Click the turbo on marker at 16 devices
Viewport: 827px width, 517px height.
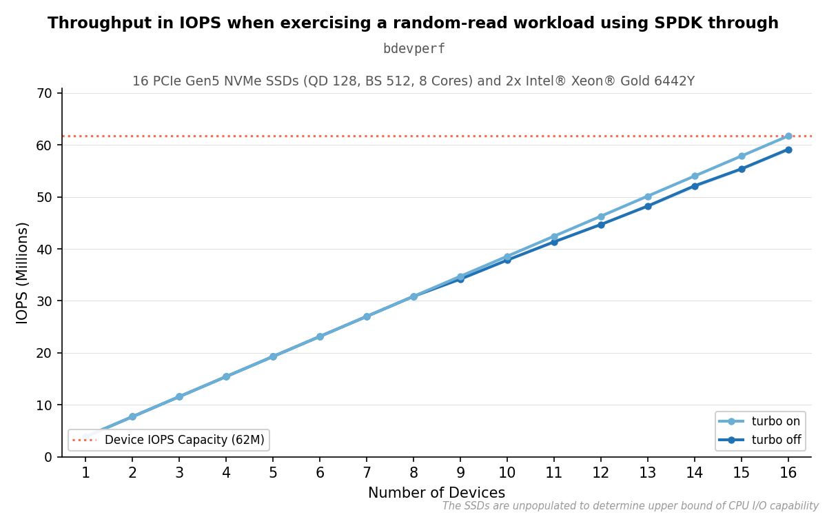coord(788,136)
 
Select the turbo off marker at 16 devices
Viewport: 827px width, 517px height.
coord(788,150)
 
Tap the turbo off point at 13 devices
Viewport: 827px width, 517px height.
coord(648,206)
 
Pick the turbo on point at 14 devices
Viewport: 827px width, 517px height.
coord(695,176)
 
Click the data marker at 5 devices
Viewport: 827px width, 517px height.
coord(273,357)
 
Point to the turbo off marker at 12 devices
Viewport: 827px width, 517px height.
coord(601,225)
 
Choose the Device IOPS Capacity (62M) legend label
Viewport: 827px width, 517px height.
coord(185,440)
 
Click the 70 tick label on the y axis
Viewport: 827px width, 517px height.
coord(44,94)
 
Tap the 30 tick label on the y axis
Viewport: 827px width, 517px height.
coord(44,301)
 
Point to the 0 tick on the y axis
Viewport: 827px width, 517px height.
coord(48,457)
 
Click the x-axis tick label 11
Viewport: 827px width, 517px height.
coord(554,473)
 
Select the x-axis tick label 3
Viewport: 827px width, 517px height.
coord(179,473)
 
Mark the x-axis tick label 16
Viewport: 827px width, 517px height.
coord(788,473)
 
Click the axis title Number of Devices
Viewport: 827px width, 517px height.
coord(436,493)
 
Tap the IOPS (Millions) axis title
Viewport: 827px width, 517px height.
coord(22,273)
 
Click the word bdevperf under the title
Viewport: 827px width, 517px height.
coord(414,49)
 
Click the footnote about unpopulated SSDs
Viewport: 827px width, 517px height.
coord(630,505)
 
